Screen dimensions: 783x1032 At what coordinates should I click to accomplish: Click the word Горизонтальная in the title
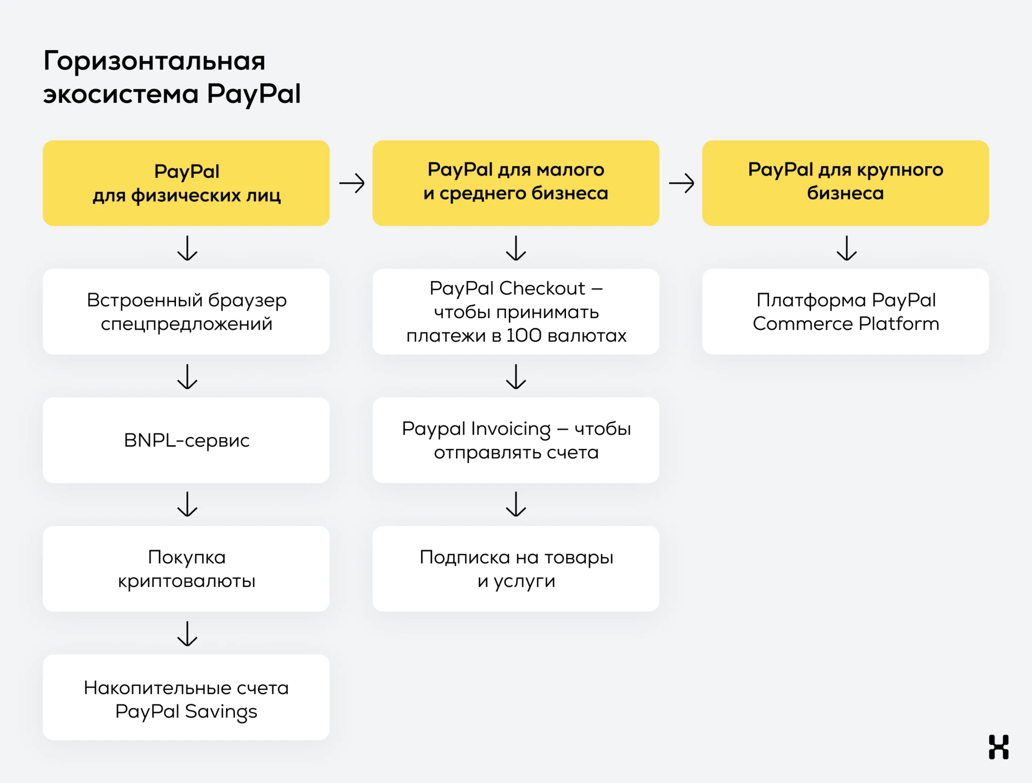pyautogui.click(x=154, y=61)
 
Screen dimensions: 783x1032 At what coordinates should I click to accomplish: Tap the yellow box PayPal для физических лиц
pyautogui.click(x=186, y=183)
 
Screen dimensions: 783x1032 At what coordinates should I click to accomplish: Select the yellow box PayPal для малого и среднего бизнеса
pyautogui.click(x=515, y=183)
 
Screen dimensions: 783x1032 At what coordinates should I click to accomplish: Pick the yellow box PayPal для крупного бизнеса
pyautogui.click(x=845, y=183)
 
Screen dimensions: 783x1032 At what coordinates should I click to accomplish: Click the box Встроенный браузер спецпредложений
pyautogui.click(x=186, y=312)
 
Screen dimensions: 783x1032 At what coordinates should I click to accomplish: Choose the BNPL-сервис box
pyautogui.click(x=186, y=440)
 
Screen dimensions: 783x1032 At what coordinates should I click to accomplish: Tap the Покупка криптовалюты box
pyautogui.click(x=186, y=569)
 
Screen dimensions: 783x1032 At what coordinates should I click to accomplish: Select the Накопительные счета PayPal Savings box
pyautogui.click(x=186, y=697)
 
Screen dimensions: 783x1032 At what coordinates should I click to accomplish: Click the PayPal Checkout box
pyautogui.click(x=515, y=312)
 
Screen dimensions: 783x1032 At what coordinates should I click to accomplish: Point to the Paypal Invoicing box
pyautogui.click(x=515, y=440)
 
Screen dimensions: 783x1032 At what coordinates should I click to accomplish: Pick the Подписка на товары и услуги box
pyautogui.click(x=515, y=569)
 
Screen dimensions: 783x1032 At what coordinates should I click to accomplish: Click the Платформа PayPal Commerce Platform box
pyautogui.click(x=845, y=312)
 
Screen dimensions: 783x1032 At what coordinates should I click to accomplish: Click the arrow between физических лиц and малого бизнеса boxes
pyautogui.click(x=352, y=183)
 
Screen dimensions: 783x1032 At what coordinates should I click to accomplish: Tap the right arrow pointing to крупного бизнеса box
pyautogui.click(x=681, y=183)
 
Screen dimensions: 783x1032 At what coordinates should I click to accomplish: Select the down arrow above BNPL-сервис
pyautogui.click(x=187, y=377)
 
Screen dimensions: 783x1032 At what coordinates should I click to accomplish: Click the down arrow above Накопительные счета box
pyautogui.click(x=187, y=634)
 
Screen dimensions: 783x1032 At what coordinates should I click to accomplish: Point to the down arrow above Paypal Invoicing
pyautogui.click(x=516, y=377)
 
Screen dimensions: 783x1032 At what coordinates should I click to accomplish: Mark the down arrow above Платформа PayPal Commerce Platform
pyautogui.click(x=847, y=248)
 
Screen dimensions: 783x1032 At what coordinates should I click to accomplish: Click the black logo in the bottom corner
pyautogui.click(x=998, y=747)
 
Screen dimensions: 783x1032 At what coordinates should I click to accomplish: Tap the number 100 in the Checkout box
pyautogui.click(x=524, y=335)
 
